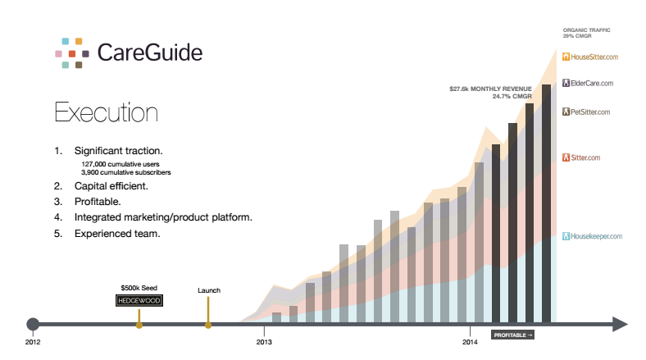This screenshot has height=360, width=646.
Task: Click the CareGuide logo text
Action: tap(149, 53)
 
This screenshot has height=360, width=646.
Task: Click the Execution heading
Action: tap(106, 112)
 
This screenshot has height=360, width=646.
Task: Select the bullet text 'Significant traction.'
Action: tap(118, 152)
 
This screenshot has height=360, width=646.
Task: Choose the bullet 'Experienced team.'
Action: tap(116, 234)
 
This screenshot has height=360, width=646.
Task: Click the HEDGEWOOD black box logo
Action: tap(139, 301)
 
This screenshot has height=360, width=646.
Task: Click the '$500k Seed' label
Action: tap(139, 289)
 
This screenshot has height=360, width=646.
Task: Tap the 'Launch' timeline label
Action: tap(209, 290)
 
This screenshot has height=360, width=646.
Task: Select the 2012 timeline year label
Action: tap(33, 340)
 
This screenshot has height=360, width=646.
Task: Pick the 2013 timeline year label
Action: tap(264, 340)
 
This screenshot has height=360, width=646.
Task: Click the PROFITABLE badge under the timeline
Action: tap(512, 335)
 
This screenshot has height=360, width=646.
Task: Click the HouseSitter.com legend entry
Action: tap(589, 57)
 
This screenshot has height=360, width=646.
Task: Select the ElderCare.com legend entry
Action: tap(587, 84)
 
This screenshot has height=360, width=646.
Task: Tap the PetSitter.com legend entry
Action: tap(587, 112)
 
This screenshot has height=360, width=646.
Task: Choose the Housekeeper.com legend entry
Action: tap(591, 237)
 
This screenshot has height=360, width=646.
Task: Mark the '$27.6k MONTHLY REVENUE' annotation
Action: tap(490, 89)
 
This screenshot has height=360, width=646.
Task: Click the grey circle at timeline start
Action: tap(33, 324)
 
